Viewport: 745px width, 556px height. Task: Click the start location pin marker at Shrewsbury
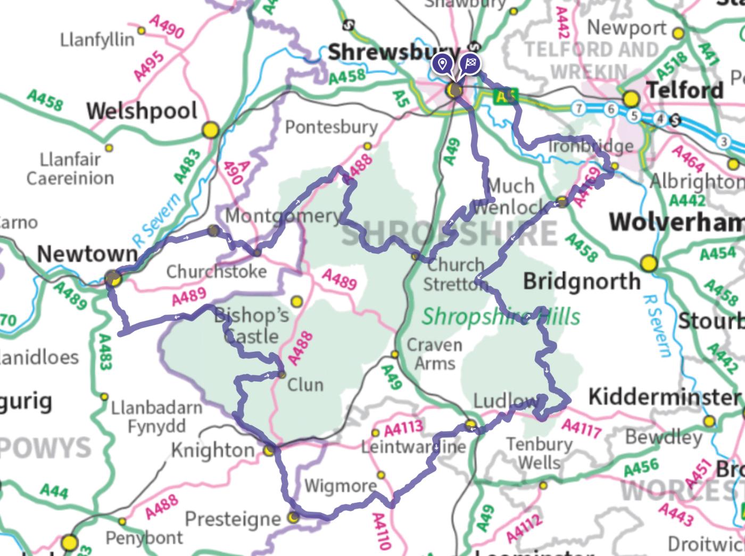click(441, 64)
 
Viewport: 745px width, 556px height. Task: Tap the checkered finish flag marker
click(469, 64)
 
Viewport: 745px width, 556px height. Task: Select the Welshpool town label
click(142, 111)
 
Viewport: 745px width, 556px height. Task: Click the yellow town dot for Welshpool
click(211, 129)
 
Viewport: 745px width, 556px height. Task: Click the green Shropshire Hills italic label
click(501, 317)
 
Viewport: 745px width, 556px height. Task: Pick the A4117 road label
click(582, 427)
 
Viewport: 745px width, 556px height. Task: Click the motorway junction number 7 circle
click(578, 109)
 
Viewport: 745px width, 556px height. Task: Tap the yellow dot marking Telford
click(631, 98)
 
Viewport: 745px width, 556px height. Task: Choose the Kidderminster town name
click(664, 397)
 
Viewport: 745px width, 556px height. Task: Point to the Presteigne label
click(233, 519)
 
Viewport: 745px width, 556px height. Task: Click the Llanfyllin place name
click(97, 40)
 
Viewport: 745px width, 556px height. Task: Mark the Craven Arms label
click(434, 354)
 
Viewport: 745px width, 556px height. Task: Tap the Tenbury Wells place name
click(539, 452)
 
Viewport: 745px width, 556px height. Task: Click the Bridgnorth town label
click(582, 281)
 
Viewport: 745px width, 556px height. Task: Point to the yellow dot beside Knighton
click(270, 451)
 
